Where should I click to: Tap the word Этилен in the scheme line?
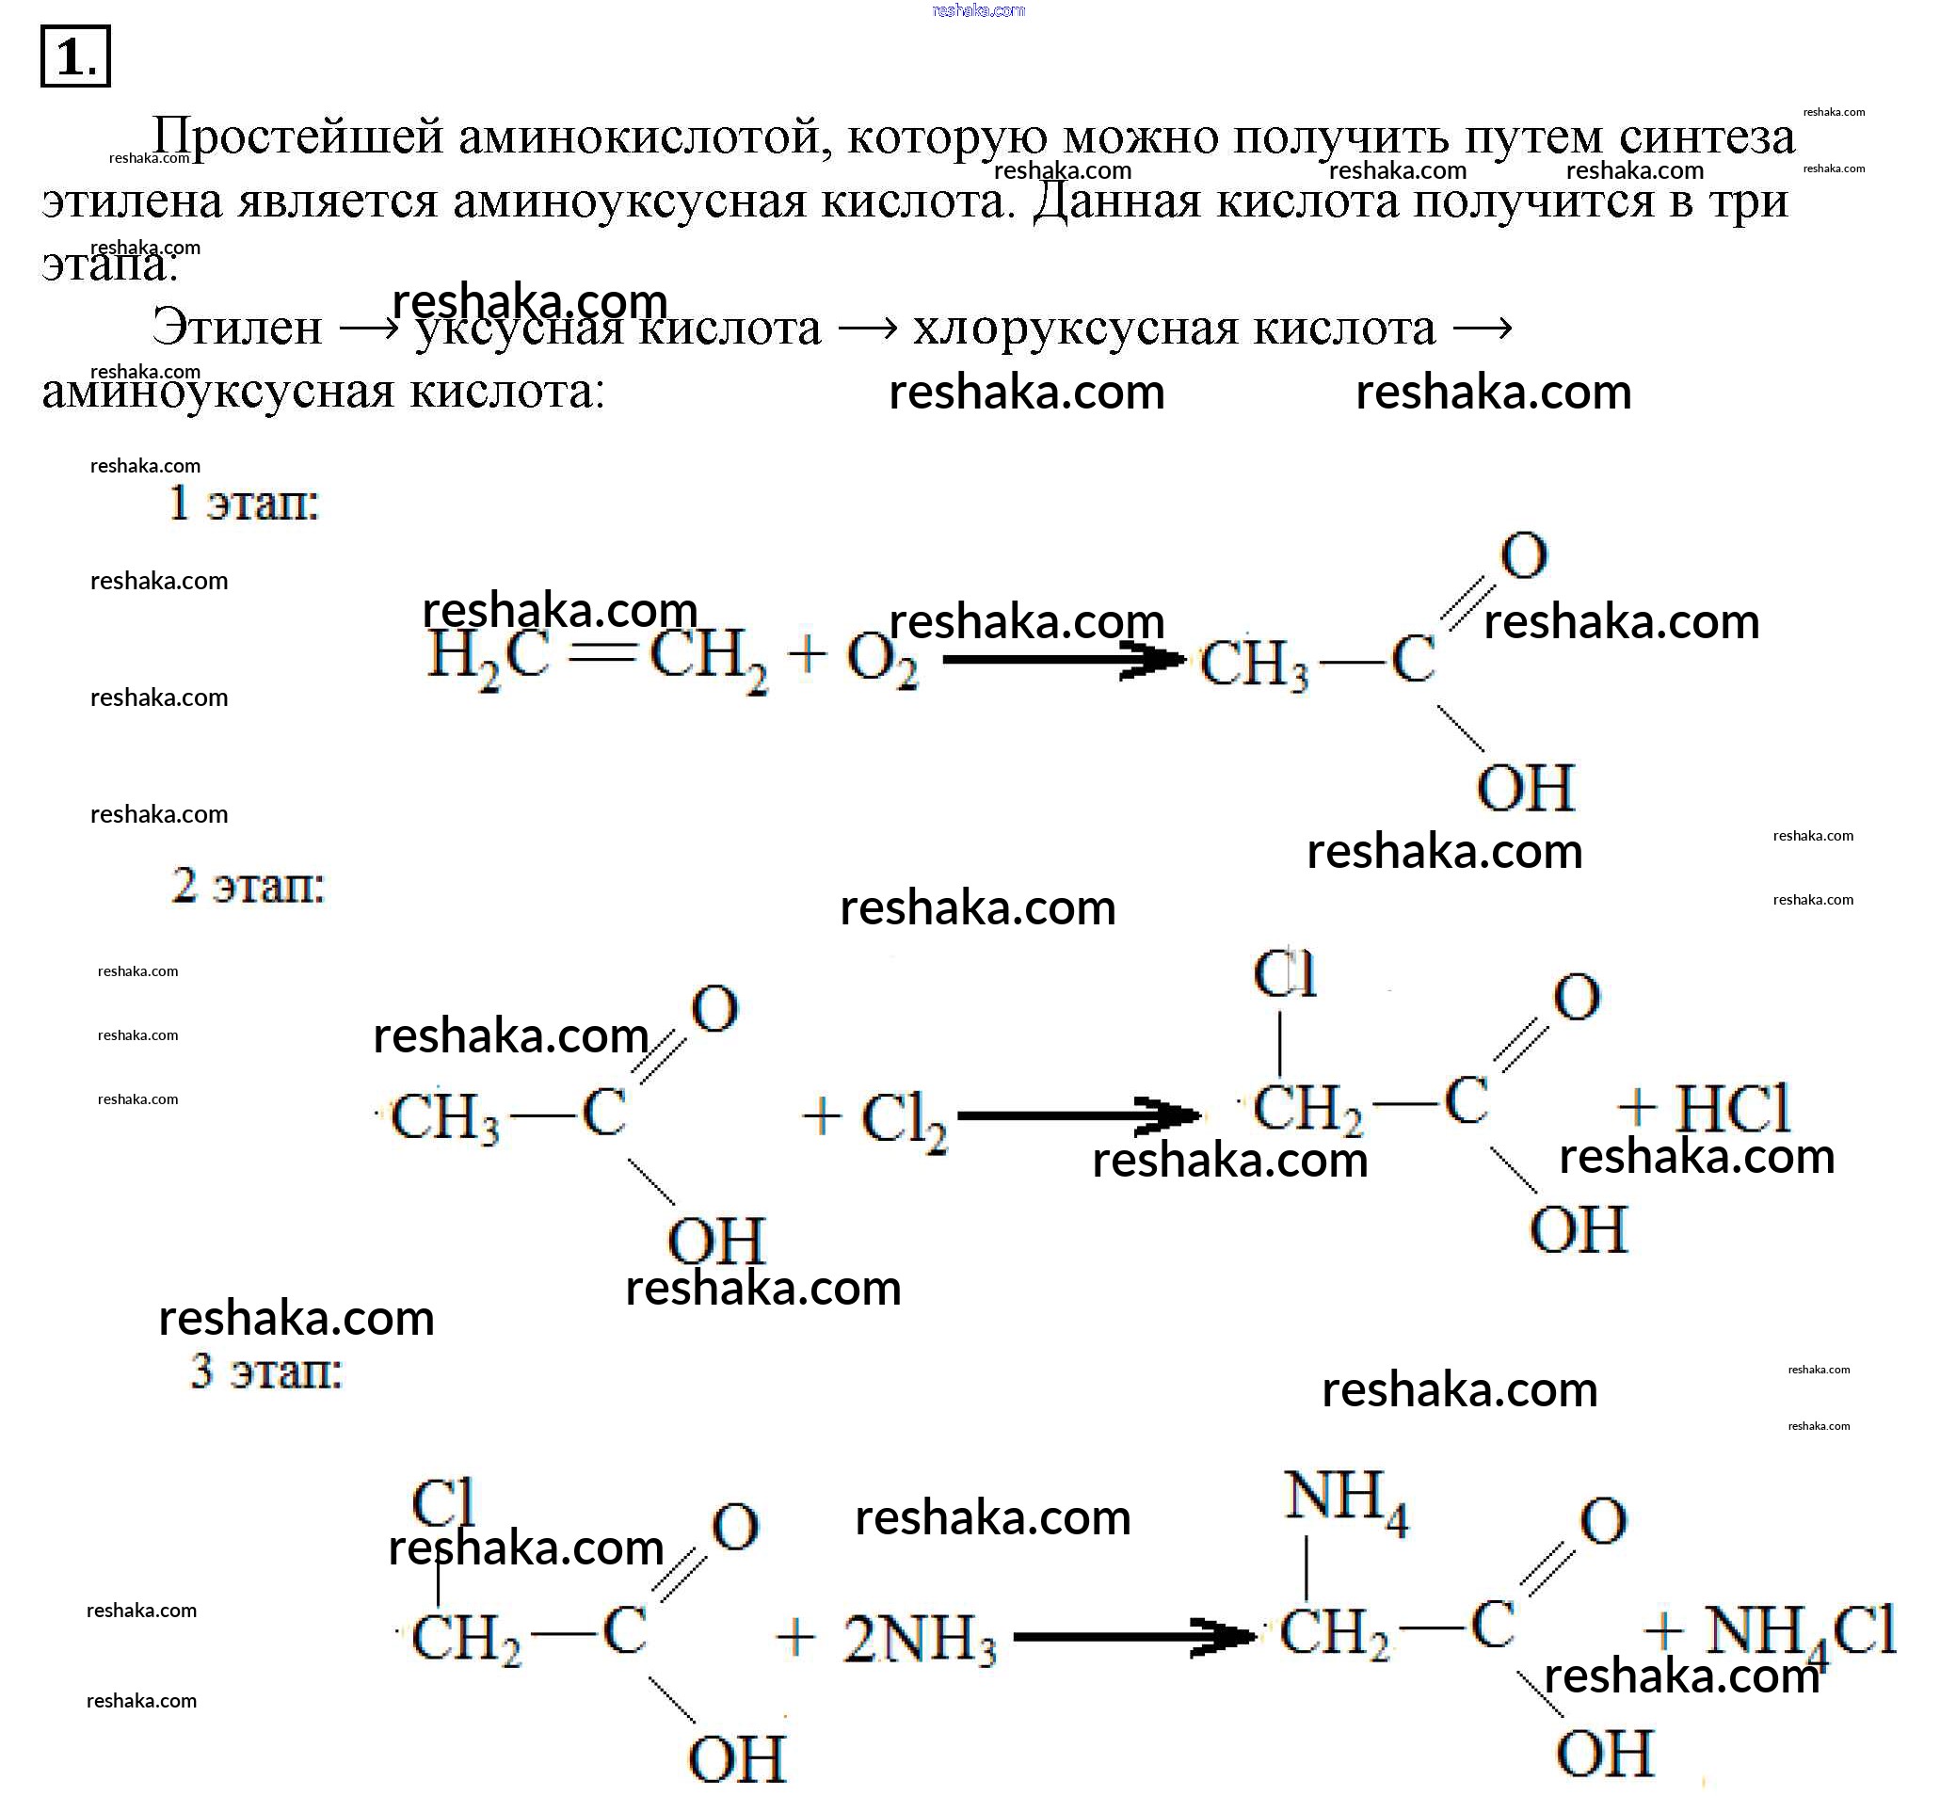pyautogui.click(x=236, y=328)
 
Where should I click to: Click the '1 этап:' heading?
pyautogui.click(x=243, y=504)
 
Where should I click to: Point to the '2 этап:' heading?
pyautogui.click(x=248, y=886)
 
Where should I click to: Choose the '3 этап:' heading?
pyautogui.click(x=266, y=1371)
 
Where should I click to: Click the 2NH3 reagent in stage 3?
pyautogui.click(x=919, y=1638)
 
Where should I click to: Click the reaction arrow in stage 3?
pyautogui.click(x=1133, y=1637)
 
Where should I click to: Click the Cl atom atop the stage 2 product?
pyautogui.click(x=1284, y=975)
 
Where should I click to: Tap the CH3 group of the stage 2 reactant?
pyautogui.click(x=445, y=1117)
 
